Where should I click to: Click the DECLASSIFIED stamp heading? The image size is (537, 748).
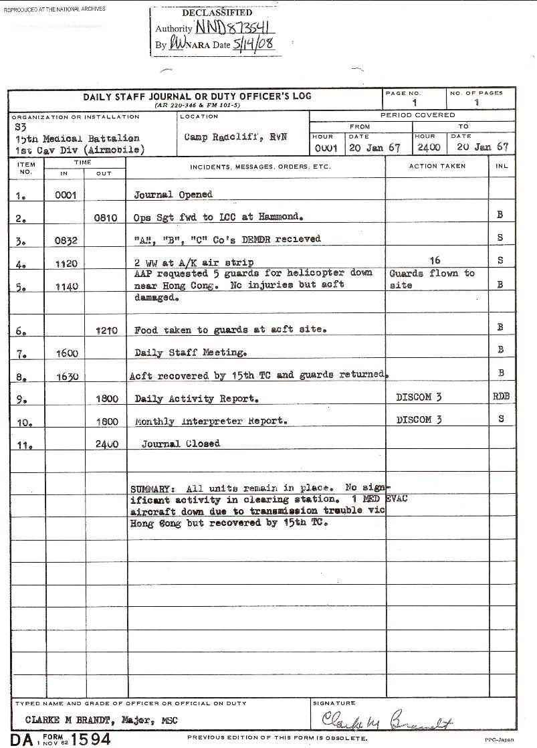coord(217,13)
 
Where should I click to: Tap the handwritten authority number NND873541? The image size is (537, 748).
coord(233,28)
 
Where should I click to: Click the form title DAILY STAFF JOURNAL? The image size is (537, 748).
coord(197,96)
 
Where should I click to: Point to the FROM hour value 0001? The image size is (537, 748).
coord(325,147)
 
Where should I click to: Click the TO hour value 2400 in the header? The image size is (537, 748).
coord(429,147)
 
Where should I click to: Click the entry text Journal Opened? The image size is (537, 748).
coord(173,195)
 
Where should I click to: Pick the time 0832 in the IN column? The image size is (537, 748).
coord(66,240)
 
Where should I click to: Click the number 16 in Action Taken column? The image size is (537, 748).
coord(435,260)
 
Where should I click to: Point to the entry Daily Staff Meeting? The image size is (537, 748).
coord(191,353)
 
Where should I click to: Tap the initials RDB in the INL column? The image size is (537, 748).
coord(501,397)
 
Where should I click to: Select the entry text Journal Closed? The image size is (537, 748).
coord(180,444)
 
